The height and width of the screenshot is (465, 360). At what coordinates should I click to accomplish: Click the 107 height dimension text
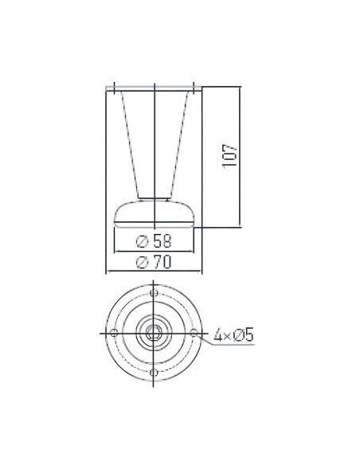pyautogui.click(x=231, y=156)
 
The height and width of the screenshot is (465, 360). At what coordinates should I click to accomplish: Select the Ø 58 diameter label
pyautogui.click(x=155, y=241)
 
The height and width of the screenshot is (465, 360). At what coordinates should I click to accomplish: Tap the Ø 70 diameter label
pyautogui.click(x=155, y=263)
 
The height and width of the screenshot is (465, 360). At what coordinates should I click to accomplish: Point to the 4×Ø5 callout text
pyautogui.click(x=233, y=336)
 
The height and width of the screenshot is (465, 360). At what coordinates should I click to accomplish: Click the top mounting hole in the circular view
pyautogui.click(x=154, y=291)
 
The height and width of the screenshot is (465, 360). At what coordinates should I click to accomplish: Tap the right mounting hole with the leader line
pyautogui.click(x=194, y=332)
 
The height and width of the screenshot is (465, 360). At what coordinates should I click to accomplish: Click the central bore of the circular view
pyautogui.click(x=154, y=332)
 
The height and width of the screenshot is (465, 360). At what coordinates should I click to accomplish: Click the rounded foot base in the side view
pyautogui.click(x=154, y=213)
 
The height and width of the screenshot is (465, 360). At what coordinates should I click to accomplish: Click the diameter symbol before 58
pyautogui.click(x=140, y=241)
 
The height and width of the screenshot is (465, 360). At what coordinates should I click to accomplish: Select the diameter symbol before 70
pyautogui.click(x=140, y=263)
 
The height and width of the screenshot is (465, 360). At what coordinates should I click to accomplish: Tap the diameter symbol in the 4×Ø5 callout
pyautogui.click(x=237, y=336)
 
